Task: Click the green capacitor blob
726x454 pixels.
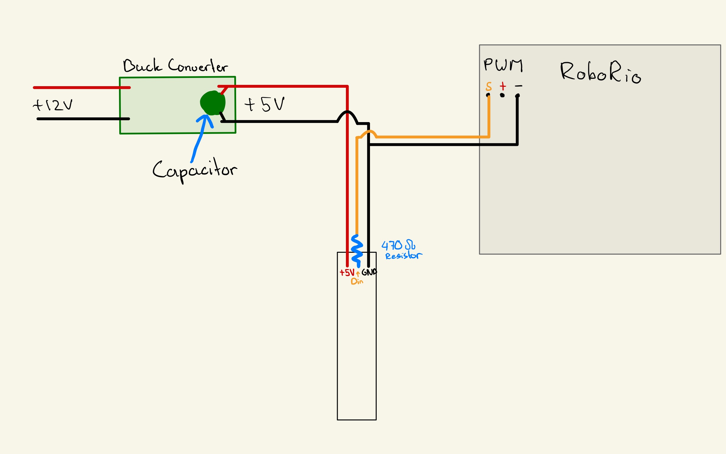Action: (x=213, y=103)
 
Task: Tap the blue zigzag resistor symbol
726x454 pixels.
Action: (x=357, y=251)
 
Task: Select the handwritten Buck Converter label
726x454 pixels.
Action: (x=176, y=65)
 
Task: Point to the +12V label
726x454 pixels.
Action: (x=53, y=105)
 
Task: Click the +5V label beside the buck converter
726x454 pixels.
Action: (x=264, y=104)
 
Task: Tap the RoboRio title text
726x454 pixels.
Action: (x=601, y=72)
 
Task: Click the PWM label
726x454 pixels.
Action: (x=503, y=65)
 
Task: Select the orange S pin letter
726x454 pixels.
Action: (x=489, y=86)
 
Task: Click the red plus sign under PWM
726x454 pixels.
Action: (x=503, y=86)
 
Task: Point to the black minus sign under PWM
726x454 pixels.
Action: (x=518, y=86)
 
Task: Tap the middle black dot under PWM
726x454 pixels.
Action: (x=502, y=95)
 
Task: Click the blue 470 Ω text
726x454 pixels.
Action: (x=398, y=245)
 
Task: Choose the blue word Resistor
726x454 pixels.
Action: (x=404, y=255)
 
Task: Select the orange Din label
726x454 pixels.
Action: (x=357, y=281)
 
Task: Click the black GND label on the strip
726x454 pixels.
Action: (x=369, y=272)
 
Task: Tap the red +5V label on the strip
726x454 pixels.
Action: (x=347, y=272)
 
